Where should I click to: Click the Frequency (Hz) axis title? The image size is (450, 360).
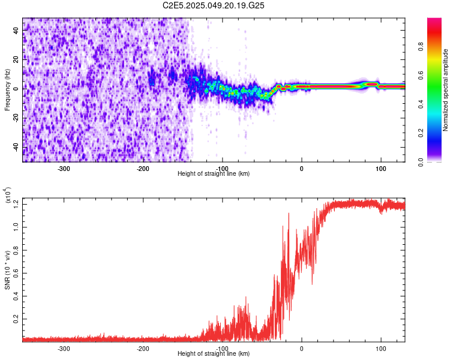tap(8, 89)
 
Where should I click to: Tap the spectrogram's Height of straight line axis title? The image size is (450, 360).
tap(214, 174)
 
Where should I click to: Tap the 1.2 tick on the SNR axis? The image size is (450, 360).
tap(14, 204)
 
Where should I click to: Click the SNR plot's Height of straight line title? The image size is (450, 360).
tap(214, 354)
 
